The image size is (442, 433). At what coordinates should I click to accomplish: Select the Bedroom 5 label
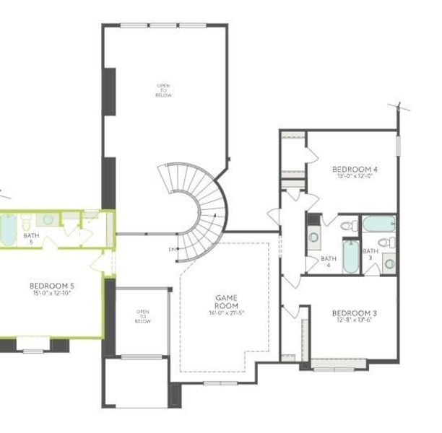[x=53, y=286]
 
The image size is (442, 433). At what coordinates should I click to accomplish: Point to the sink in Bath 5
[x=47, y=219]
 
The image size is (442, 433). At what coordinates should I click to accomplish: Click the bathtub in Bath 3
[x=378, y=224]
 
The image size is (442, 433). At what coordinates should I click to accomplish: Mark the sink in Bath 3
[x=389, y=263]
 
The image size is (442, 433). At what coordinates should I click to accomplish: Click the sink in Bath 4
[x=314, y=236]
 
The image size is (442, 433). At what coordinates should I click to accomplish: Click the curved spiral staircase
[x=199, y=209]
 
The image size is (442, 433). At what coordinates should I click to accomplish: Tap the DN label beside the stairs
[x=173, y=250]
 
